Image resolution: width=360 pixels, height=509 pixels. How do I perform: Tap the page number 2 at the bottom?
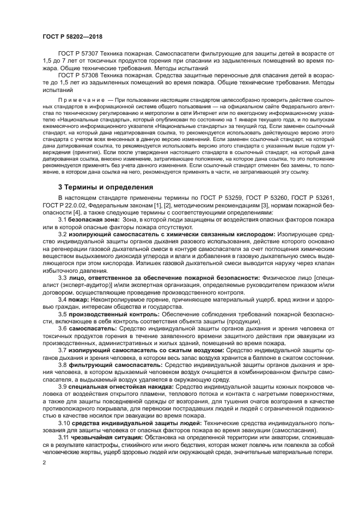44,463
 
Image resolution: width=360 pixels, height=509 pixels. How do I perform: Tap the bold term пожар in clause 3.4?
80,299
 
